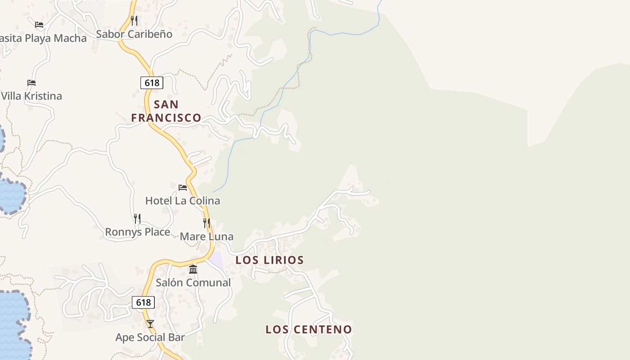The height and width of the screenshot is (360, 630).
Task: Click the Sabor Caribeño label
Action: coord(134,34)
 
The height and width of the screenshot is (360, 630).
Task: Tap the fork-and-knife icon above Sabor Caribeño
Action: coord(134,20)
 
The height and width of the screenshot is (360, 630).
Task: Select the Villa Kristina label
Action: coord(31,96)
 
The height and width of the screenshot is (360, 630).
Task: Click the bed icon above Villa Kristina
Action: coord(31,83)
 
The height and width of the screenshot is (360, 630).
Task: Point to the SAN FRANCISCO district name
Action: coord(166,111)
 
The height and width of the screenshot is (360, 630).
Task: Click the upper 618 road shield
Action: coord(152,83)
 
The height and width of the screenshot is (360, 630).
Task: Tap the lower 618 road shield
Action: coord(143,302)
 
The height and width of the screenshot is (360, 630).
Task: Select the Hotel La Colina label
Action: coord(182,201)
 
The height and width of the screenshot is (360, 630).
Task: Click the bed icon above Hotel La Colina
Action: coord(182,187)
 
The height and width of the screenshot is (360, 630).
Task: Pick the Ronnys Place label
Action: coord(137,232)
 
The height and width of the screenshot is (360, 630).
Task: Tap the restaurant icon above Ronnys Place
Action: coord(137,219)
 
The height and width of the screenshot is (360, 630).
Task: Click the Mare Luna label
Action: coord(207,237)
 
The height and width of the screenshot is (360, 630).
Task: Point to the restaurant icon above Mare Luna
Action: coord(206,223)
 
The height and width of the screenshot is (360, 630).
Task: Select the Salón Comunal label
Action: coord(193,283)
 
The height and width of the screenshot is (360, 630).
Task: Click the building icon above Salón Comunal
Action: coord(193,269)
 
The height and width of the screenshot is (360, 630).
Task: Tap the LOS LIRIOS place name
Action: coord(270,260)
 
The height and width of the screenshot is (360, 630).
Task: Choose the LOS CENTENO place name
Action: coord(309,329)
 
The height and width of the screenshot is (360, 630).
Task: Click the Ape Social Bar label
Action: coord(150,337)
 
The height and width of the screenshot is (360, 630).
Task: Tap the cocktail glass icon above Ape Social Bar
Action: coord(150,324)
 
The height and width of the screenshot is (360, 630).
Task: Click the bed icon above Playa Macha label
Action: coord(39,25)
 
